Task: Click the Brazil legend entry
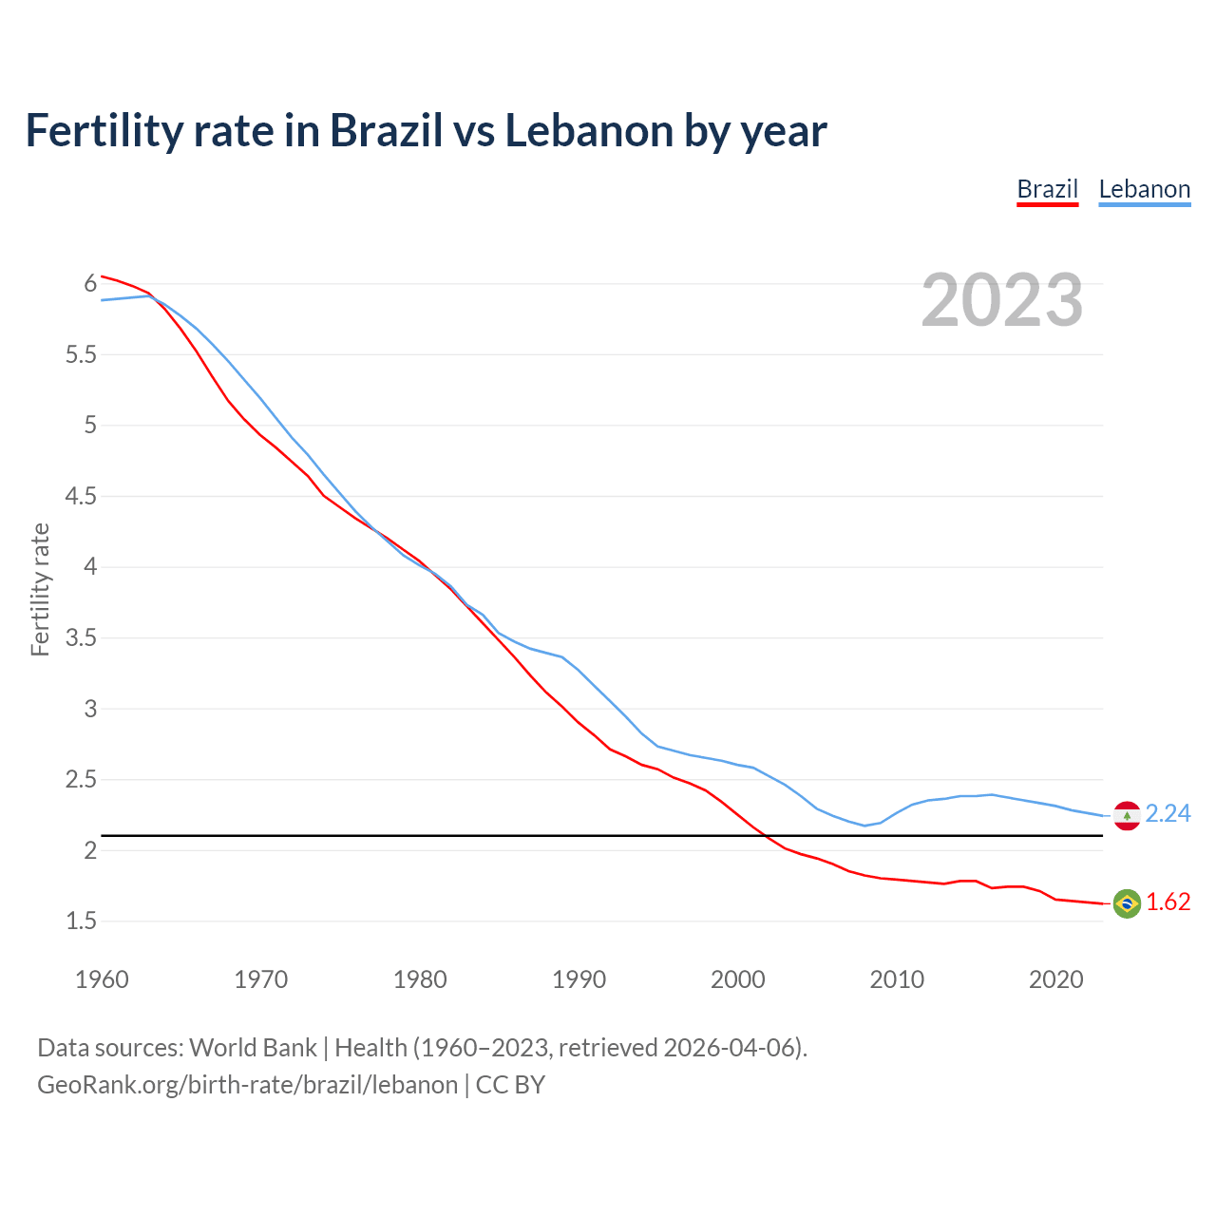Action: coord(1047,189)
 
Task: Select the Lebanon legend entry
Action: coord(1144,189)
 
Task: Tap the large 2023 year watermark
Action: coord(1002,300)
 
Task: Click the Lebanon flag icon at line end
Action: coord(1127,815)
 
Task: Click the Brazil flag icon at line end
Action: coord(1127,902)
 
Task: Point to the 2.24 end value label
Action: coord(1168,814)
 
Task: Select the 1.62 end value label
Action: coord(1168,902)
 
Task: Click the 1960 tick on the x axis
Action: coord(102,979)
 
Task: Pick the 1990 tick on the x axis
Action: coord(579,979)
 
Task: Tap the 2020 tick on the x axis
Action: coord(1055,979)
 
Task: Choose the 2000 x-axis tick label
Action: coord(738,979)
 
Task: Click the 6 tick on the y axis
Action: coord(90,284)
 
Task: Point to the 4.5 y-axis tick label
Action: coord(82,496)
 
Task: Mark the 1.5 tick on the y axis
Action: coord(82,921)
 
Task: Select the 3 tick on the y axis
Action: coord(90,709)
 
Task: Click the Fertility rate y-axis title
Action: coord(40,589)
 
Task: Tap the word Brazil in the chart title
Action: coord(387,131)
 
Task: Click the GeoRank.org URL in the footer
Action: coord(247,1085)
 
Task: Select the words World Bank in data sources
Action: coord(253,1048)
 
